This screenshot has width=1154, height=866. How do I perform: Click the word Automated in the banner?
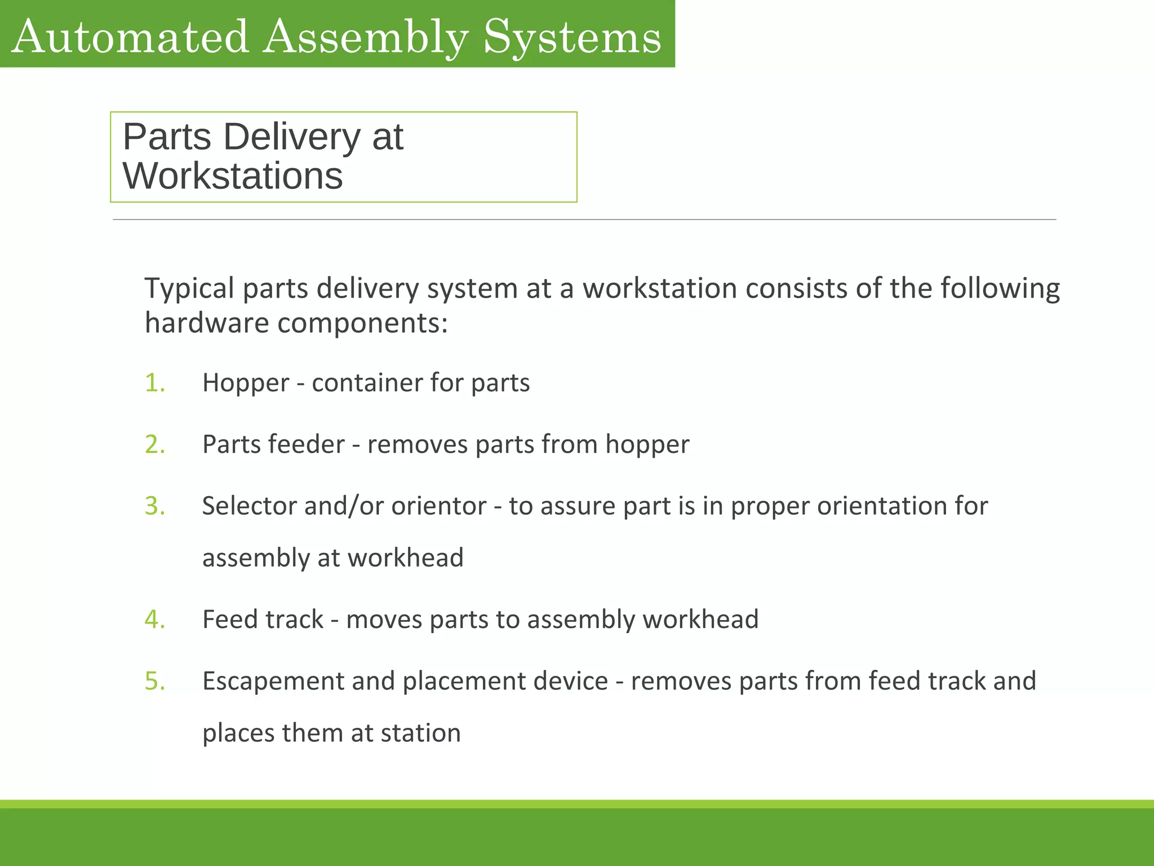point(130,37)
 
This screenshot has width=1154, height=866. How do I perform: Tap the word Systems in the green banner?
point(572,37)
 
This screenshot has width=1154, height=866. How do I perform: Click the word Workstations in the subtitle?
point(233,176)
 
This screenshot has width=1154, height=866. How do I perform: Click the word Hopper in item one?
point(246,383)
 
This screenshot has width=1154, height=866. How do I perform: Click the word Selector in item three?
point(249,506)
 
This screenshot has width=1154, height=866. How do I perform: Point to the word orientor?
point(439,506)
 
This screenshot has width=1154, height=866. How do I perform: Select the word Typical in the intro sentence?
point(189,289)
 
